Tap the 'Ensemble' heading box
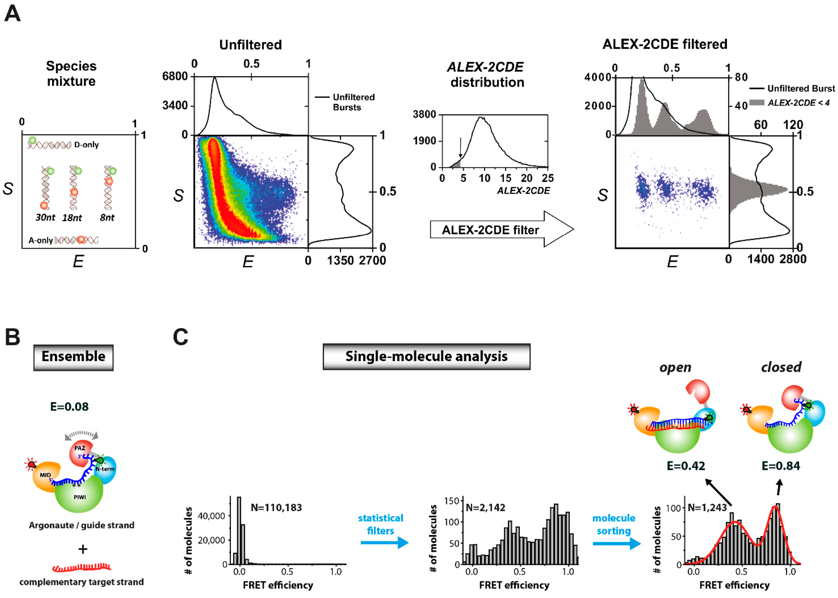tap(73, 357)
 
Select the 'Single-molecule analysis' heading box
tap(426, 356)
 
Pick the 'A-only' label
tap(40, 240)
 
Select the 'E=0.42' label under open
tap(686, 466)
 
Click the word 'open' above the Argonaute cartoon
tap(675, 368)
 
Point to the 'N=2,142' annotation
tap(485, 507)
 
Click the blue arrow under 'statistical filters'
tap(384, 542)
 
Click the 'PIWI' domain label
tap(80, 497)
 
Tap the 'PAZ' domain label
tap(80, 448)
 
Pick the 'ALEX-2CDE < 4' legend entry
tap(798, 103)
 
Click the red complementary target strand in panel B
tap(82, 567)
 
